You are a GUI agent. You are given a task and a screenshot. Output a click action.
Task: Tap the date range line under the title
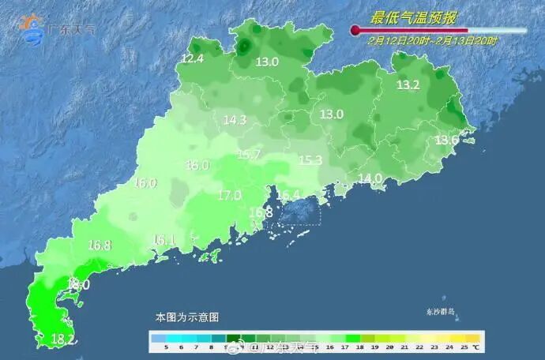[x=432, y=40]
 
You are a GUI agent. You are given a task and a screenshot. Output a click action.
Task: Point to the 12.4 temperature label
[x=192, y=58]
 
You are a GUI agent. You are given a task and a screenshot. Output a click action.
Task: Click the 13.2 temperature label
[x=408, y=84]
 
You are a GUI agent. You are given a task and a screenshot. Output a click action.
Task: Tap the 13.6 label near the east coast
[x=447, y=140]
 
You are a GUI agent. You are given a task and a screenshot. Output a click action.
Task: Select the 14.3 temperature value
[x=235, y=120]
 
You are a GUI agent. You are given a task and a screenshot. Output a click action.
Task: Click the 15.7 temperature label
[x=249, y=155]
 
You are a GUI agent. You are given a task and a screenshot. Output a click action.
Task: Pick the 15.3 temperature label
[x=310, y=160]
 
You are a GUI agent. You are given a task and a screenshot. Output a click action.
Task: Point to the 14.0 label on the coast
[x=370, y=178]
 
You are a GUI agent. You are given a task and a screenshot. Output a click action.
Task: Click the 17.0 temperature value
[x=229, y=195]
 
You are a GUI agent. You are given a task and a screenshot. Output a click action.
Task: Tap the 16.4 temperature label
[x=288, y=195]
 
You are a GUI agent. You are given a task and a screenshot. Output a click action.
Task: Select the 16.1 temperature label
[x=163, y=239]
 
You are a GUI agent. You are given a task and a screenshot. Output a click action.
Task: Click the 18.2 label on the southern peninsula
[x=62, y=339]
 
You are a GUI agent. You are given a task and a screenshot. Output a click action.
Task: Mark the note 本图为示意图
[x=186, y=317]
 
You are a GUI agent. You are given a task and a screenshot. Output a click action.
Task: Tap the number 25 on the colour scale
[x=464, y=347]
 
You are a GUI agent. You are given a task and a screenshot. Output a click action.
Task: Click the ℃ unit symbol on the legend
[x=476, y=347]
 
